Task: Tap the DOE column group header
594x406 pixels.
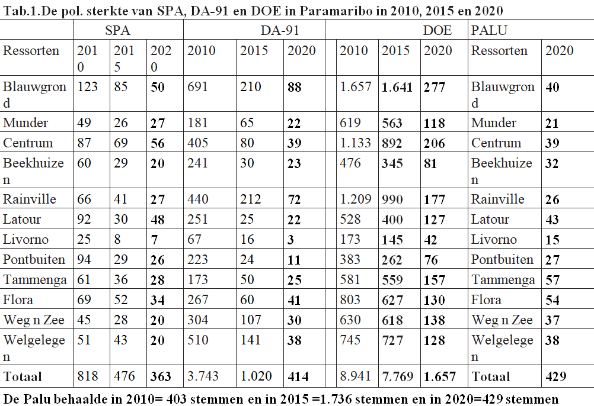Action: (438, 30)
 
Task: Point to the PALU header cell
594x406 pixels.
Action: (488, 30)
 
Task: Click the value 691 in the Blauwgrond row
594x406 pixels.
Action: (198, 88)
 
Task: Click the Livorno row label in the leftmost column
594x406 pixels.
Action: (25, 239)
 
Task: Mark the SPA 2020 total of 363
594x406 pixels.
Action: (161, 376)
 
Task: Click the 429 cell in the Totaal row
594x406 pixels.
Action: (556, 376)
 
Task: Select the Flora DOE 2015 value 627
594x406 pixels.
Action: (392, 299)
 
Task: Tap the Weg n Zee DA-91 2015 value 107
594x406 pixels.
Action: (251, 320)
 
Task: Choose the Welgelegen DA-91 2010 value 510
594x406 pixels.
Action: (198, 340)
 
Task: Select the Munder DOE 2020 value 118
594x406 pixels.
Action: (434, 123)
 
